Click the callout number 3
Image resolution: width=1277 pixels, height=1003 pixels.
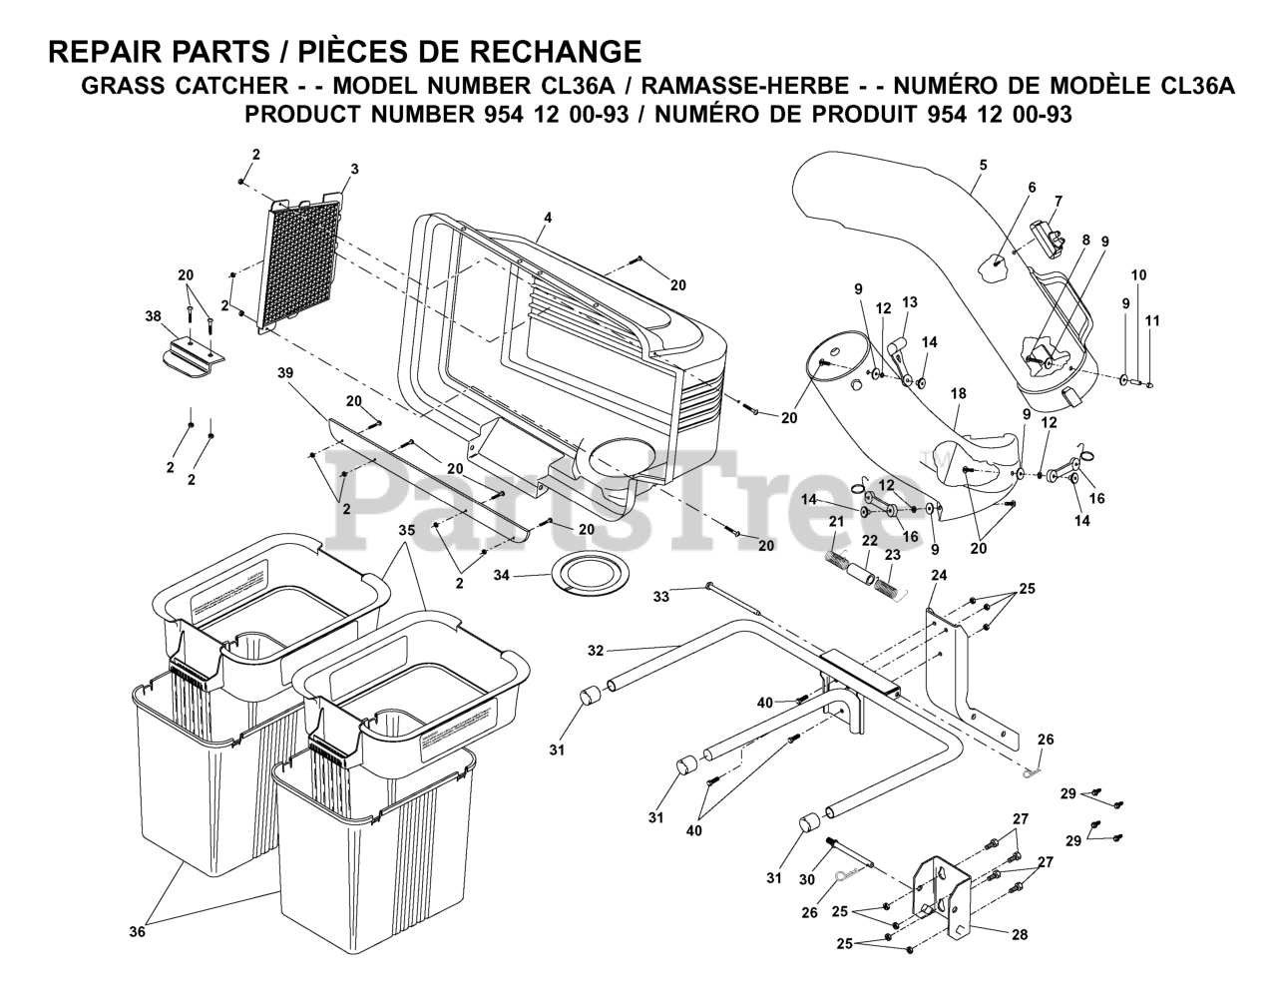pos(354,169)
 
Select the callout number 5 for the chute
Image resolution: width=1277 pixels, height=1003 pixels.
pos(982,164)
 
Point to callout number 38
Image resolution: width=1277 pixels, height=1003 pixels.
pos(152,315)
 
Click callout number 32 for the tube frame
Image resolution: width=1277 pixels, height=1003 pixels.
pos(596,651)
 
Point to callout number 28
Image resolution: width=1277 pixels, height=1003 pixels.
pos(1019,935)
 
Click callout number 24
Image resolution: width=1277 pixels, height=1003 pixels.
pos(938,575)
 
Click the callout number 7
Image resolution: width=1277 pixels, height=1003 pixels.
pos(1058,200)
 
